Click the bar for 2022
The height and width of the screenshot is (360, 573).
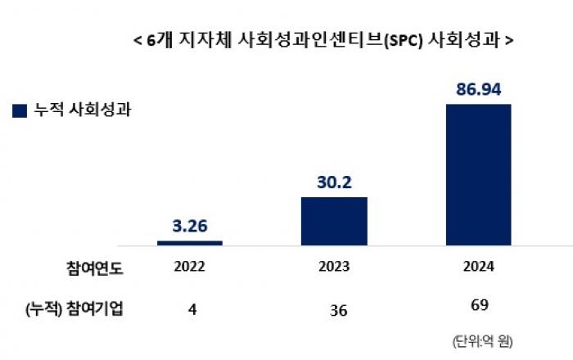(190, 242)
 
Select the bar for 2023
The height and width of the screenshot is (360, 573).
(334, 221)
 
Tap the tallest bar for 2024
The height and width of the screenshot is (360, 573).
(478, 174)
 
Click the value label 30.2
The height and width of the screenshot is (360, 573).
(334, 182)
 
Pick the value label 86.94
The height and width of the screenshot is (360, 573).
(478, 88)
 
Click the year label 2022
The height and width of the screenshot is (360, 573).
(190, 267)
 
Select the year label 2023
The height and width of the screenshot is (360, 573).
(334, 267)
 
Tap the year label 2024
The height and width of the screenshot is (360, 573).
(478, 267)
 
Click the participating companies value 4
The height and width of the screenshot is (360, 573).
(190, 308)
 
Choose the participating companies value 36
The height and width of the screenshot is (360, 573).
(334, 309)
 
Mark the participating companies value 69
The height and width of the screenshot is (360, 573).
(478, 306)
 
